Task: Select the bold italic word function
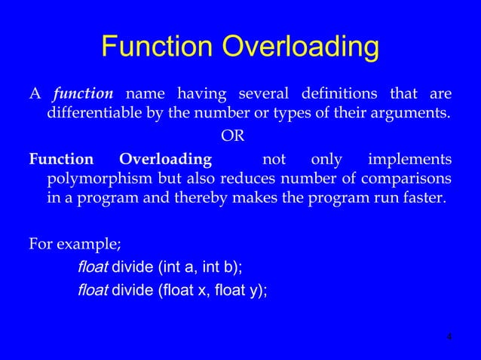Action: click(82, 94)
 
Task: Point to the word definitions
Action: click(342, 94)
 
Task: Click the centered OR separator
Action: click(231, 137)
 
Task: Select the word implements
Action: click(410, 160)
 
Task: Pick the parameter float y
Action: click(245, 293)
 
